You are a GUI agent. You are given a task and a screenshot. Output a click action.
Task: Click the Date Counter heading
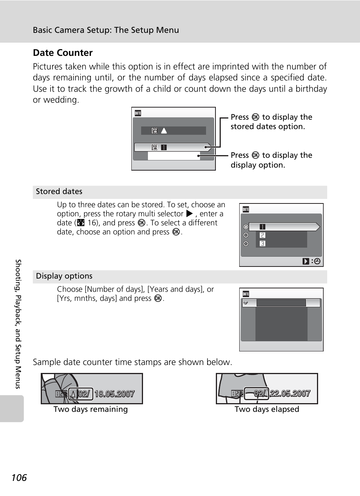pos(63,53)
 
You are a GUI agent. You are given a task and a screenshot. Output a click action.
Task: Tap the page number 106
pos(19,478)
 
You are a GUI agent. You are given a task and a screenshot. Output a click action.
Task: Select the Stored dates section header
pos(59,191)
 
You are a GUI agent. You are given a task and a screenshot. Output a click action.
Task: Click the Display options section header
pos(64,276)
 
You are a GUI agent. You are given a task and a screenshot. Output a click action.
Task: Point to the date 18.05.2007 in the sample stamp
pos(114,394)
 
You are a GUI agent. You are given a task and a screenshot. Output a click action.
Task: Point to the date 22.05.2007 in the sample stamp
pos(290,393)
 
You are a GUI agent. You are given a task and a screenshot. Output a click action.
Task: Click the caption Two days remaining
pos(91,409)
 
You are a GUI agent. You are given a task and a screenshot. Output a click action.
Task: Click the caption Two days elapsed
pos(267,409)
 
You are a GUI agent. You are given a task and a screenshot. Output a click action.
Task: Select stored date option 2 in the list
pos(263,235)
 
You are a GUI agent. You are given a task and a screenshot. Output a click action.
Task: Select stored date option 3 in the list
pos(263,243)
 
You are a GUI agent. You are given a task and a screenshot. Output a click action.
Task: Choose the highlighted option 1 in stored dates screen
pos(263,227)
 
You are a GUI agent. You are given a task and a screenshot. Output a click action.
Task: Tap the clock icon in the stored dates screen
pos(317,261)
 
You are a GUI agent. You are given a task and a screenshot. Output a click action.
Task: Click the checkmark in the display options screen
pos(246,303)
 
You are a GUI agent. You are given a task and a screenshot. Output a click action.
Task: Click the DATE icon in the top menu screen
pos(138,113)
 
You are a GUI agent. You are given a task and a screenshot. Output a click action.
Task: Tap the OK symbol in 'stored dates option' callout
pos(255,117)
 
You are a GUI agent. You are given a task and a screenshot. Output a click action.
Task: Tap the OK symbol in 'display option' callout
pos(255,155)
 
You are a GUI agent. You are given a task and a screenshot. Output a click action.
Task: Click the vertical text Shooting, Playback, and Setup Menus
pos(18,324)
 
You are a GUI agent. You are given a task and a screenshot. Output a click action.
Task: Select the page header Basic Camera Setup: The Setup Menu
pos(106,30)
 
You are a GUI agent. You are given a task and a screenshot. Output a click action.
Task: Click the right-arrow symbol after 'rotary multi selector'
pos(189,214)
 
